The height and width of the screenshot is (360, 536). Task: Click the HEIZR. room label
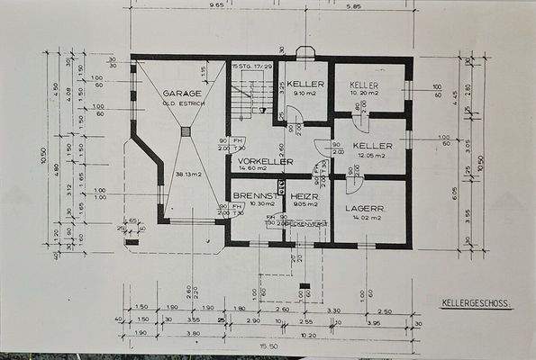(x=300, y=194)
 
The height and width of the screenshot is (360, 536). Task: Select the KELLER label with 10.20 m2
(x=365, y=84)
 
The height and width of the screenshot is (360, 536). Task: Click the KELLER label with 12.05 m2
(x=370, y=144)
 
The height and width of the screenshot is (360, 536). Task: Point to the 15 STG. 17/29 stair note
(x=251, y=67)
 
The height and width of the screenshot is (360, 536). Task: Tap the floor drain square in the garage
(x=185, y=130)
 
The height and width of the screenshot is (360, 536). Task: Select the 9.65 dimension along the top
(x=217, y=5)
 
